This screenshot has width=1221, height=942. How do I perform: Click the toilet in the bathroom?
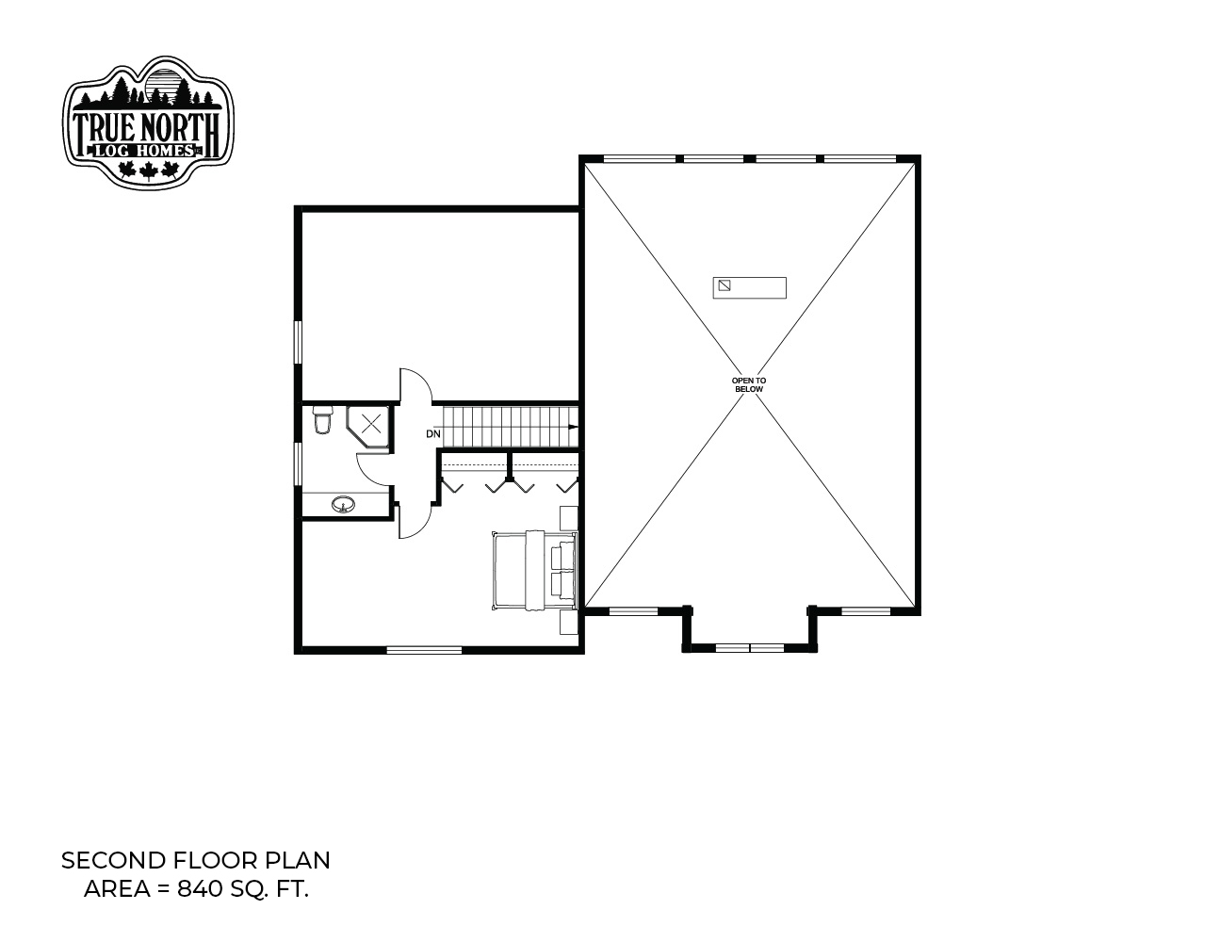[323, 419]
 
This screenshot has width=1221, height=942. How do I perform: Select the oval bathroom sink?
[343, 504]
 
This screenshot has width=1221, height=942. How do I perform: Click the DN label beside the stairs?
[433, 433]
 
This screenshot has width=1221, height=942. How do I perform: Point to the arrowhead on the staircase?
[573, 427]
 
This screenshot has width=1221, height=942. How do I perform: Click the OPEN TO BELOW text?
[748, 384]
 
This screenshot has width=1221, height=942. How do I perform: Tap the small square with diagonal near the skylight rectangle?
[724, 285]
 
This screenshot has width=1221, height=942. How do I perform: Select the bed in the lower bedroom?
[535, 570]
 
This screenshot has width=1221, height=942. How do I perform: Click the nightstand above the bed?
[568, 517]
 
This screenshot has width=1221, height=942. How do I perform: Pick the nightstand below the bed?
[568, 623]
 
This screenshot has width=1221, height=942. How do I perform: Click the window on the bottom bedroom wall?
[424, 650]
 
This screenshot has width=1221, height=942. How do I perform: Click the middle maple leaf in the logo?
[148, 171]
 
